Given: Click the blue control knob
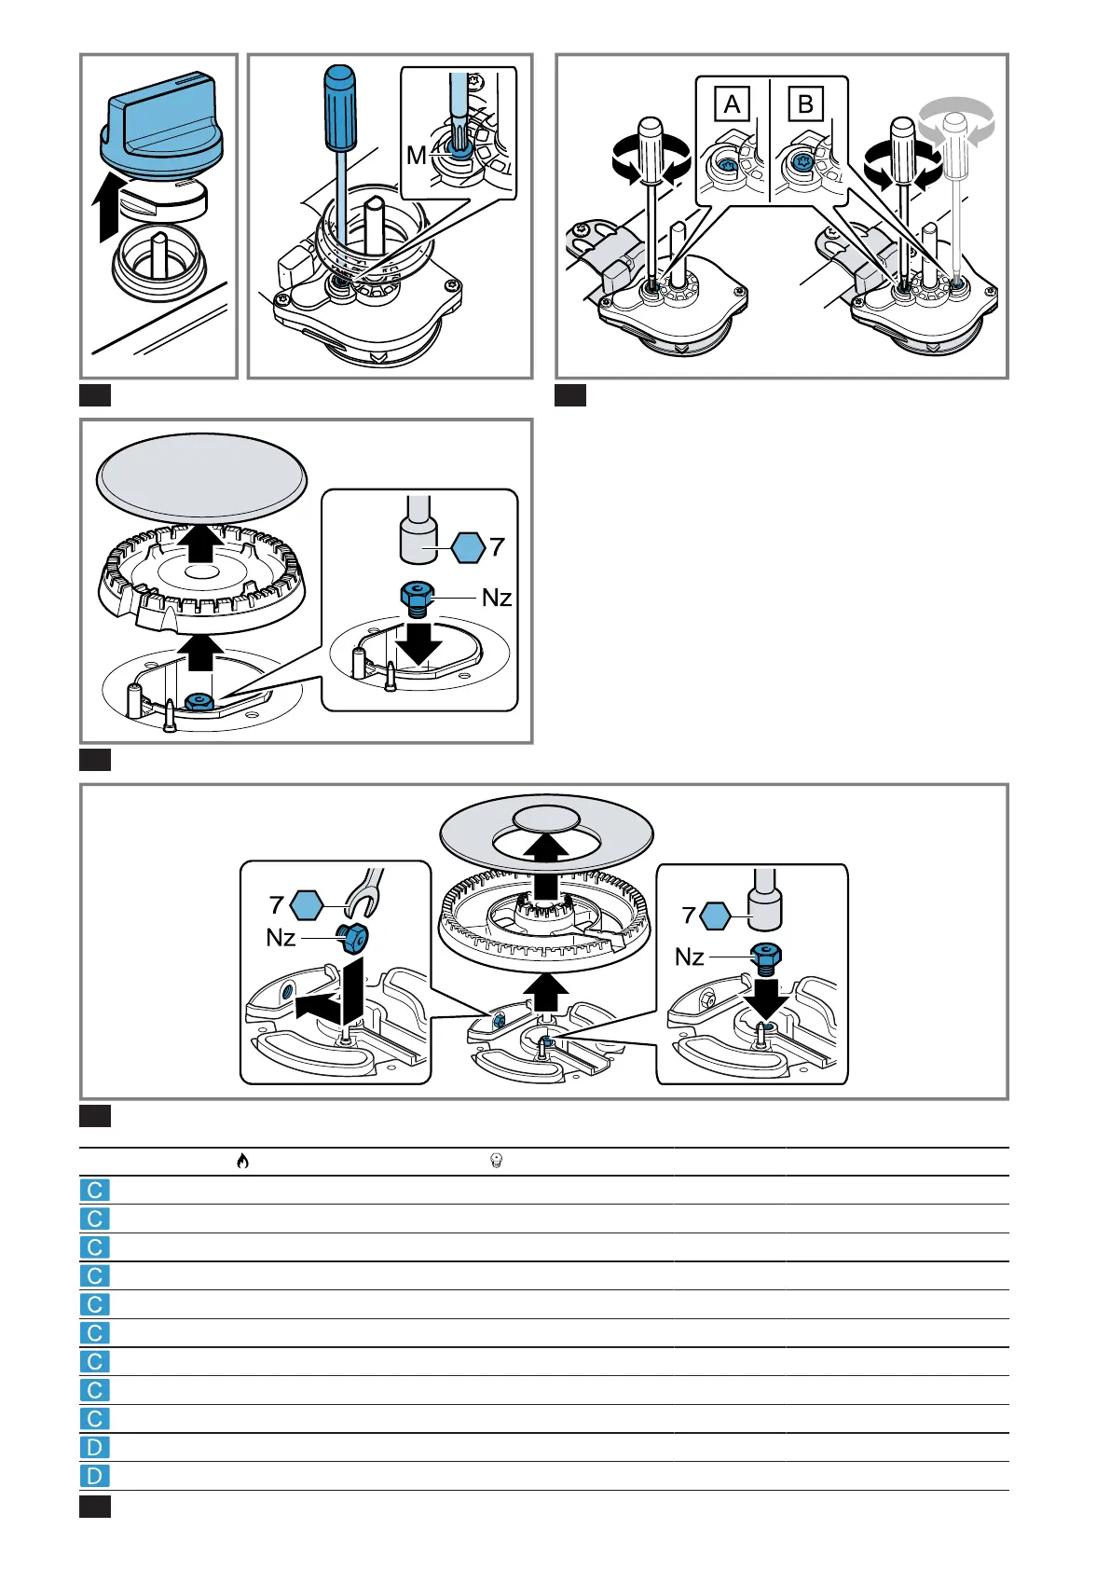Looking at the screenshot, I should (160, 127).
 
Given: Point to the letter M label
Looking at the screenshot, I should (416, 156).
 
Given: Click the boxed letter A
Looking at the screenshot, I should (732, 104).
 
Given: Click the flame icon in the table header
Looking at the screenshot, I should (242, 1161).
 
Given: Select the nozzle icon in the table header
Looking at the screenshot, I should (496, 1161).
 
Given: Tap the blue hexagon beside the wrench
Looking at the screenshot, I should (307, 904).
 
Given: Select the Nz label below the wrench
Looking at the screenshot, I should (281, 937).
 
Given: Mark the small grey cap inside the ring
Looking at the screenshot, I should (546, 819).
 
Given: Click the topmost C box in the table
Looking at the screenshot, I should (95, 1191).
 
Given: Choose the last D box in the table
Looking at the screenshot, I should (95, 1476).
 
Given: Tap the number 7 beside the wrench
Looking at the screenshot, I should (276, 904).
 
